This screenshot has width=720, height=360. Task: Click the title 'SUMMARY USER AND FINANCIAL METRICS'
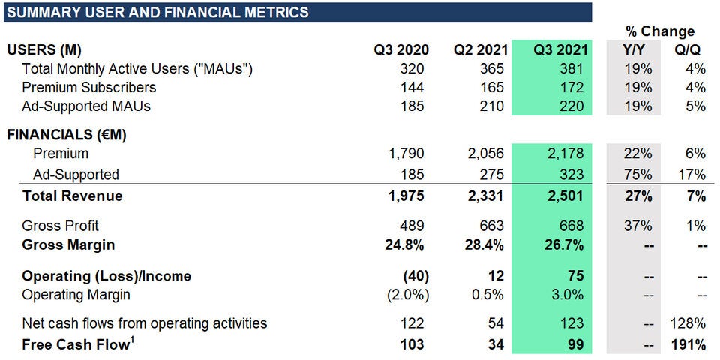[157, 12]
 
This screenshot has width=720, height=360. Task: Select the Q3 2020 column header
[402, 50]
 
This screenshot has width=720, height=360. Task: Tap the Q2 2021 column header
[481, 50]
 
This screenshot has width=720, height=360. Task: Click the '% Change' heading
[659, 31]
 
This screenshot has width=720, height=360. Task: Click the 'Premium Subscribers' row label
[88, 87]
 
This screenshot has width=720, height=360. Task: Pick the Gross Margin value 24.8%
[408, 245]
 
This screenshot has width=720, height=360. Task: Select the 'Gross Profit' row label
[60, 226]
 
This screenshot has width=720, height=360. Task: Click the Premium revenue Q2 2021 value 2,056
[487, 154]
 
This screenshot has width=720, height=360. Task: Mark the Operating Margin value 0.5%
[490, 295]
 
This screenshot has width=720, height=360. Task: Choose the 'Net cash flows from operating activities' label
[144, 324]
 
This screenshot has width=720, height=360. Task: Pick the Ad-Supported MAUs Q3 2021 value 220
[571, 106]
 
